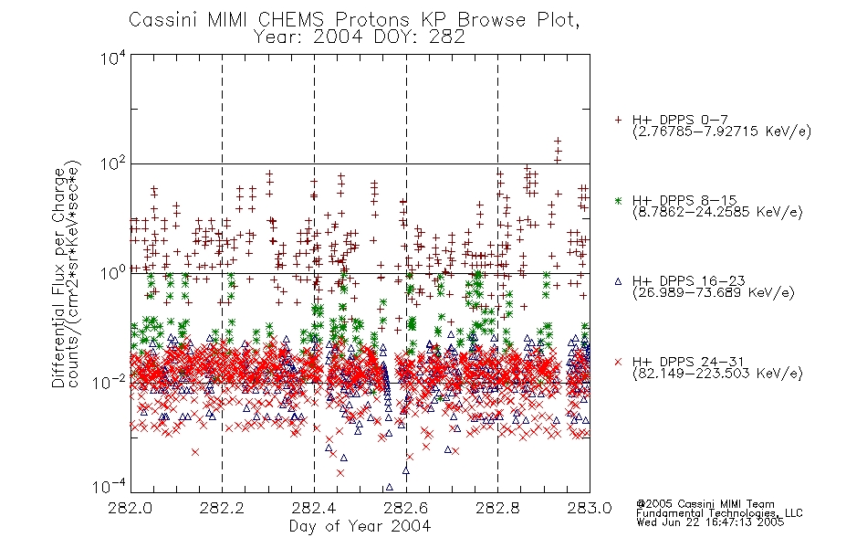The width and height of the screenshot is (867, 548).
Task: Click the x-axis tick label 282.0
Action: [131, 508]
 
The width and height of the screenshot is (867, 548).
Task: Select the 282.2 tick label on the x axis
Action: [223, 508]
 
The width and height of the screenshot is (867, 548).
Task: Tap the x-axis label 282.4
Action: [314, 508]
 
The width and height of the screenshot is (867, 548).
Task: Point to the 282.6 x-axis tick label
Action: [406, 508]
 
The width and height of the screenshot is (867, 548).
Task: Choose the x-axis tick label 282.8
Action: [497, 508]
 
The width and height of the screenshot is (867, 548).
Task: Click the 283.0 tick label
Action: [590, 508]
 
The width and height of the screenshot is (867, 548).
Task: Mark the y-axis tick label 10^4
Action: [113, 58]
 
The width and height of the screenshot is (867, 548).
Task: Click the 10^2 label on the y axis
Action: [113, 164]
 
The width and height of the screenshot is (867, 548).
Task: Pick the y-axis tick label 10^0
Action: [113, 273]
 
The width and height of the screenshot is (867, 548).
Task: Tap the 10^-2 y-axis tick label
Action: [110, 382]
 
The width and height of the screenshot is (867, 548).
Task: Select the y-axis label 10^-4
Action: [110, 487]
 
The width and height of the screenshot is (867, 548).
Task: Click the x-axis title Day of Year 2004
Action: [360, 526]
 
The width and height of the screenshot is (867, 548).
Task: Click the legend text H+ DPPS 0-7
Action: [680, 120]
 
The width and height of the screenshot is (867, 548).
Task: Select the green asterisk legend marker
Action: [618, 201]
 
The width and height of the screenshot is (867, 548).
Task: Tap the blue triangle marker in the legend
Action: [618, 281]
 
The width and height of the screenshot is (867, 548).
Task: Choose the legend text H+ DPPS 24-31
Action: [688, 362]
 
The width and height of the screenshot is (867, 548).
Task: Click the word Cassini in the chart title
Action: [163, 20]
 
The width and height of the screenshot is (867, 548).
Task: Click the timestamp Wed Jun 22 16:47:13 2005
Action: [710, 522]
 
